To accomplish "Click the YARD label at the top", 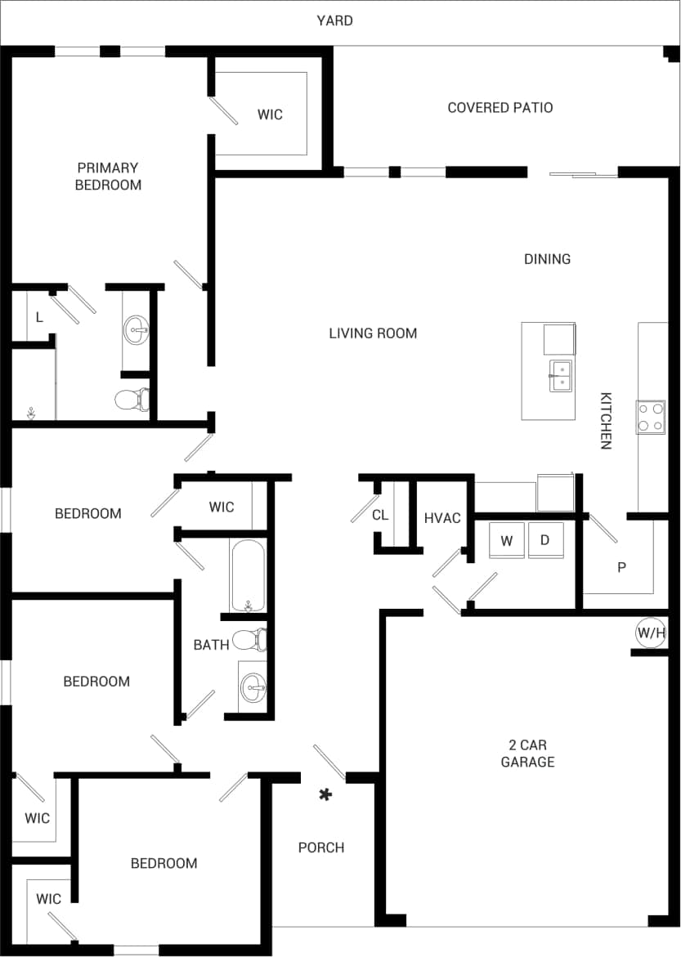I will (x=335, y=20).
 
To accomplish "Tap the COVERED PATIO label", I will (x=500, y=107).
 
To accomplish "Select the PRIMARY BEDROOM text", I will (x=108, y=177).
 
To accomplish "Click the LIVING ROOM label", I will (x=373, y=333).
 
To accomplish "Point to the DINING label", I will (x=547, y=259).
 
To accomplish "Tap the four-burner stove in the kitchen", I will (x=651, y=417).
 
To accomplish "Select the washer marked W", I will (x=507, y=541).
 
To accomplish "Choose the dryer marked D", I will (x=545, y=541).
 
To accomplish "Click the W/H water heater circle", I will (x=652, y=632).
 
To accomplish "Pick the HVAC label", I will (x=442, y=518).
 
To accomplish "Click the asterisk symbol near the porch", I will (x=325, y=794).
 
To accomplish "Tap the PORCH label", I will (x=321, y=847).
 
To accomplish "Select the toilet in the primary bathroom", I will (x=131, y=400).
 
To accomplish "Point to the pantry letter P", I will (x=621, y=567).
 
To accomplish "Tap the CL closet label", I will (x=380, y=515).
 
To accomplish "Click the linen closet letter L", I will (x=38, y=317).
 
